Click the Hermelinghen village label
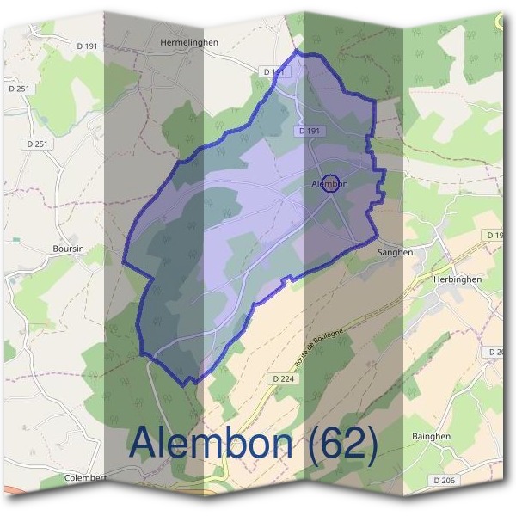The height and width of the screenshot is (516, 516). tap(189, 41)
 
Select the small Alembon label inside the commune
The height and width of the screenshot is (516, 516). tap(329, 184)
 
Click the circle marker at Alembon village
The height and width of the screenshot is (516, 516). tap(335, 183)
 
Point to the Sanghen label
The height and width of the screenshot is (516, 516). tap(396, 253)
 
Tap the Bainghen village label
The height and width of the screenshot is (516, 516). tap(458, 436)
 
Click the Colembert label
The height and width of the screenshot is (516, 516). tap(85, 477)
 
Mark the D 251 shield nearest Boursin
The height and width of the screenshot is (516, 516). tap(38, 144)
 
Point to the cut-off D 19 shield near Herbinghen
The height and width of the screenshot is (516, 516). tap(494, 235)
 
